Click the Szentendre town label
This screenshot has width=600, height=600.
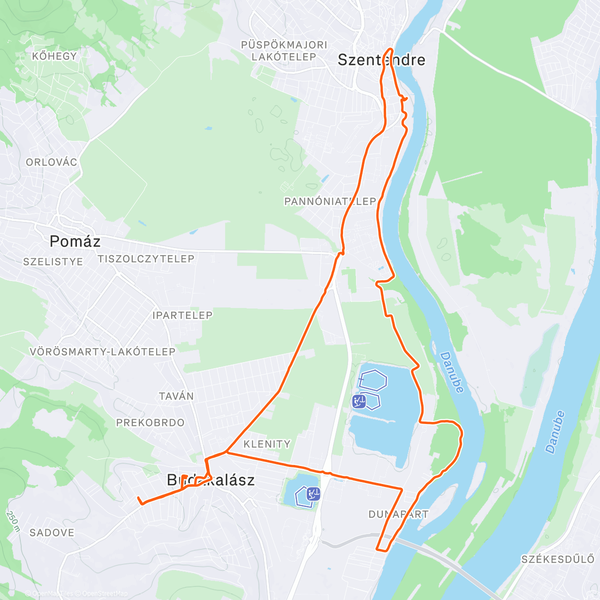pos(381,60)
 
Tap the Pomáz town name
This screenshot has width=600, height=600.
pos(75,241)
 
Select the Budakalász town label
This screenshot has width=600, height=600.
pos(210,480)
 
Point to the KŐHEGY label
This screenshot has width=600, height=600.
pos(54,56)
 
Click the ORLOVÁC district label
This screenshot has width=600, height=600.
pos(51,162)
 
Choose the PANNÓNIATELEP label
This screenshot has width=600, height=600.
pos(330,201)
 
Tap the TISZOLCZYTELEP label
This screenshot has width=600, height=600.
pos(146,258)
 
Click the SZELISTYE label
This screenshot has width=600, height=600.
pos(53,261)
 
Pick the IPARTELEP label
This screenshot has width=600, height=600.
pos(182,315)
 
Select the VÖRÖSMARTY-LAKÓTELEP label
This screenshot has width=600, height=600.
pos(102,351)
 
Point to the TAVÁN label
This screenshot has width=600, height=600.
pos(176,396)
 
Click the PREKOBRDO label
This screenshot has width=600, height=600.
pos(150,422)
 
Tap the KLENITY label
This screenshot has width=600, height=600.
pos(266,444)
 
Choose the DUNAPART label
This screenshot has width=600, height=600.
pos(398,514)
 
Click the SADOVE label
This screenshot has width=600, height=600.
pos(52,532)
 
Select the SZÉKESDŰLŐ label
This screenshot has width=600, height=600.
pos(557,558)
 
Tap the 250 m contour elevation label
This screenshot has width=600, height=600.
pos(13,520)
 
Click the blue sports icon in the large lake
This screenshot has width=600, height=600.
pos(358,401)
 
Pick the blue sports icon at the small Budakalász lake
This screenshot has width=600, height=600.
pos(313,494)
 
